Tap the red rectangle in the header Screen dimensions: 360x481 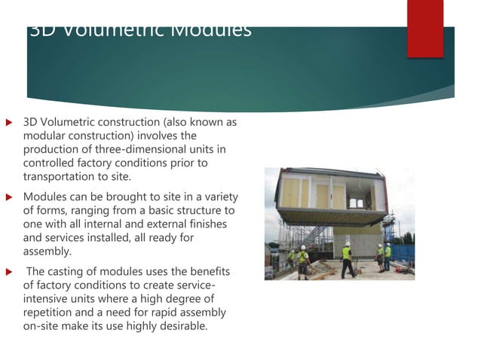click(x=424, y=28)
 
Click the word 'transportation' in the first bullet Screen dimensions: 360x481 click(x=57, y=176)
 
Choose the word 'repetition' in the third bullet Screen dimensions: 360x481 click(x=51, y=313)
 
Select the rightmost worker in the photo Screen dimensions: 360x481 click(x=388, y=256)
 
